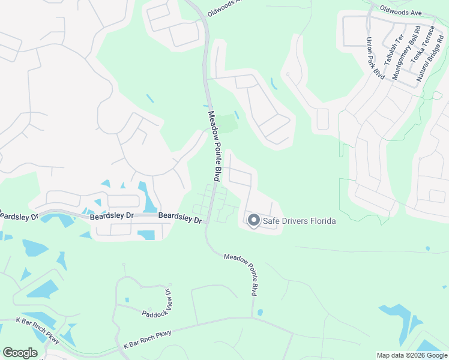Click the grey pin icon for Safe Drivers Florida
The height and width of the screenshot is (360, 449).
pyautogui.click(x=253, y=221)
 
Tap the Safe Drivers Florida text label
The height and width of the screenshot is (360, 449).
pyautogui.click(x=299, y=221)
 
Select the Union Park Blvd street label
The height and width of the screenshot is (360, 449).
pyautogui.click(x=375, y=58)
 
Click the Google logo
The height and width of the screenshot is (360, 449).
pyautogui.click(x=20, y=353)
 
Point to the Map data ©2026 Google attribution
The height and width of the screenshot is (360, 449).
pyautogui.click(x=411, y=355)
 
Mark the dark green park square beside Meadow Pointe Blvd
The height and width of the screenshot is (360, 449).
pyautogui.click(x=227, y=124)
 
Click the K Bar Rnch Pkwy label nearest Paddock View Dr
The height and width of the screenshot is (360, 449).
pyautogui.click(x=148, y=340)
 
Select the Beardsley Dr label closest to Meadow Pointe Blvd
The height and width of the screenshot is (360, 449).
pyautogui.click(x=180, y=218)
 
